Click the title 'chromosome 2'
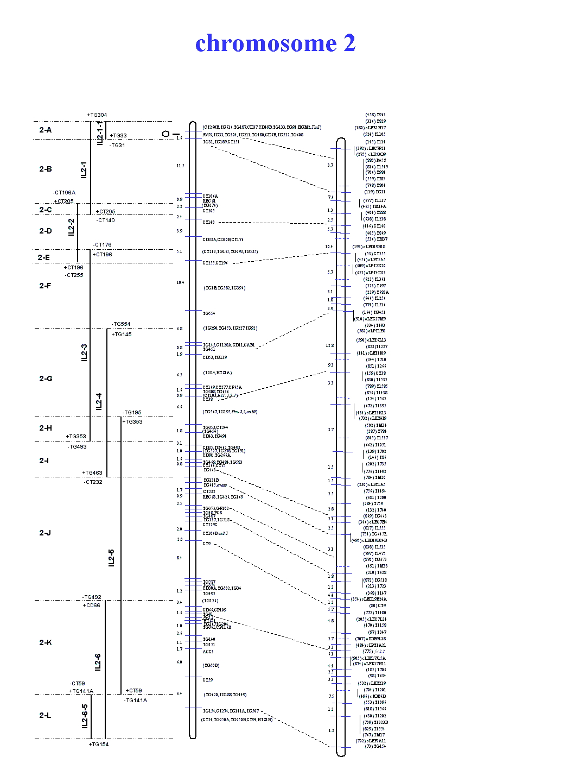click(x=275, y=43)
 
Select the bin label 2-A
click(x=46, y=130)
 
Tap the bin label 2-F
click(x=45, y=286)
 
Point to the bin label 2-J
click(x=45, y=533)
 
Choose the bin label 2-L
click(x=45, y=715)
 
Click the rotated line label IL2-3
click(x=84, y=352)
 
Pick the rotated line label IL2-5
click(x=111, y=558)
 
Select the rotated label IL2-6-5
click(x=85, y=716)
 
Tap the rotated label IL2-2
click(x=71, y=227)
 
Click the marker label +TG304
click(x=97, y=115)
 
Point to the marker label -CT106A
click(x=64, y=193)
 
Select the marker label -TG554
click(x=121, y=324)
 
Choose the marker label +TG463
click(x=92, y=473)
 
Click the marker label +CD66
click(x=91, y=606)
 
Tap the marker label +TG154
click(x=99, y=745)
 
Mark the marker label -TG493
click(x=77, y=447)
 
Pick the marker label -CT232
click(x=93, y=482)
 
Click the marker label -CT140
click(x=106, y=220)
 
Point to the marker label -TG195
click(x=132, y=413)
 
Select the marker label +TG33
click(x=118, y=136)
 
